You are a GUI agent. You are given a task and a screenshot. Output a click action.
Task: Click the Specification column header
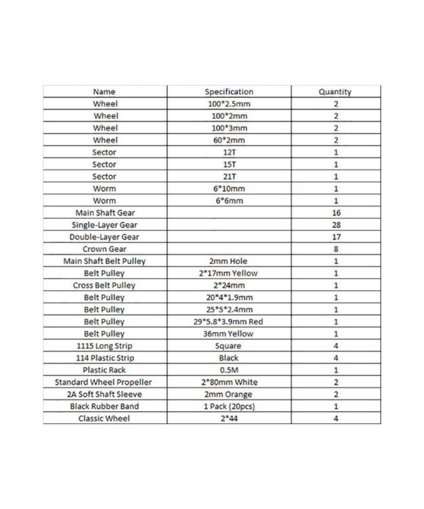[229, 92]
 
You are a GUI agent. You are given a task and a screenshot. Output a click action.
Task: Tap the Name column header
[104, 92]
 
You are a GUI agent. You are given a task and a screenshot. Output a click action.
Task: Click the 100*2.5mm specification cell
[229, 103]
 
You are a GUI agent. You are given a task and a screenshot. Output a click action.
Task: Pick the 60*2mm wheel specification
[229, 140]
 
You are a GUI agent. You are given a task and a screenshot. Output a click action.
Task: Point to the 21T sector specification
[229, 176]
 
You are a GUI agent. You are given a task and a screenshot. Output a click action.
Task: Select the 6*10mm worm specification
[229, 188]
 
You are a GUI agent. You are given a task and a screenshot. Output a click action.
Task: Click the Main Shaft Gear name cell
[104, 213]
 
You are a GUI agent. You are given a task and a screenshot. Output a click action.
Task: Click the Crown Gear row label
[104, 249]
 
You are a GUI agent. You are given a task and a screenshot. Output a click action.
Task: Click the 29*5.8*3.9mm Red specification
[229, 322]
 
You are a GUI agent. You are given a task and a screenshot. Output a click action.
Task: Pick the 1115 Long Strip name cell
[104, 346]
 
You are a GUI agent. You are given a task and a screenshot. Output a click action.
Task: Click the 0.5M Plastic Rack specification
[229, 370]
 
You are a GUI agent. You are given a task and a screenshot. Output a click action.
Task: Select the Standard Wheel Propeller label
[104, 382]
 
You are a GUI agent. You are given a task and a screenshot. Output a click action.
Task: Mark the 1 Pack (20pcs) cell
[229, 406]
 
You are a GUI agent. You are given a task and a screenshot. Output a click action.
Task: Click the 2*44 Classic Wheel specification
[229, 419]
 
